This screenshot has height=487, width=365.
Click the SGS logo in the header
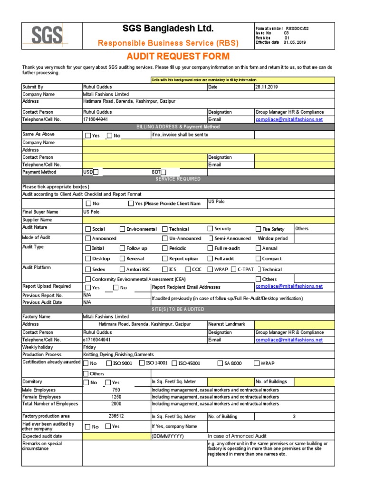(47, 36)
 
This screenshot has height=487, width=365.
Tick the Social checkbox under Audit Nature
(88, 229)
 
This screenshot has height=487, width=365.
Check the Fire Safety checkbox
(259, 229)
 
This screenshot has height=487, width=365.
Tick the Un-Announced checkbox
(165, 239)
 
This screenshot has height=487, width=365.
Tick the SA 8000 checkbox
(221, 363)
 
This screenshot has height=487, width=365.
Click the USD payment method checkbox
(96, 172)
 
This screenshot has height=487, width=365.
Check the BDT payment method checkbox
(163, 172)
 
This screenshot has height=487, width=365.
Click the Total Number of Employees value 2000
(116, 404)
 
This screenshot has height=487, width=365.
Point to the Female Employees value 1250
(116, 397)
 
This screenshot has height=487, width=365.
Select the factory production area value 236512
(116, 416)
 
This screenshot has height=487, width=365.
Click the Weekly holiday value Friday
(89, 347)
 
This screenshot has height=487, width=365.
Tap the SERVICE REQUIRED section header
(178, 179)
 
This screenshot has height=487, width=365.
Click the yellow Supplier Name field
(208, 220)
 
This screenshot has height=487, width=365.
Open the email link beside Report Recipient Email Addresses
(289, 286)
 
